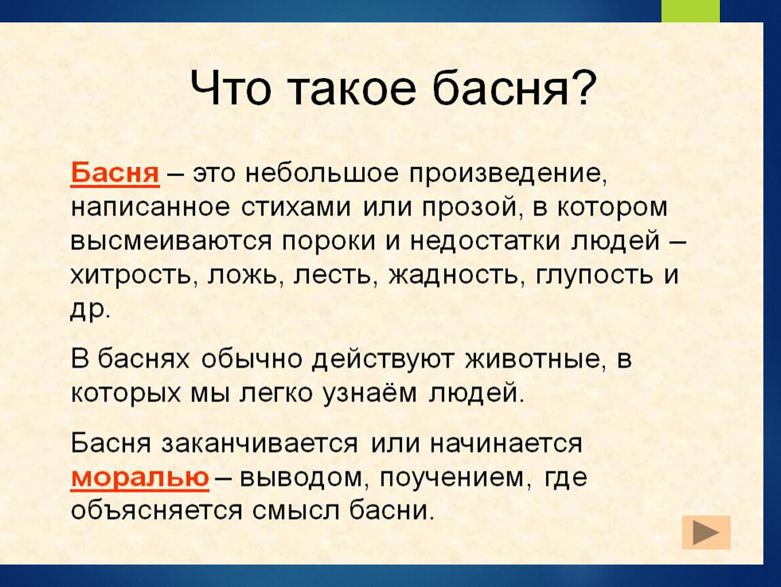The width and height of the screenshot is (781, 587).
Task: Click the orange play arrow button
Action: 706,533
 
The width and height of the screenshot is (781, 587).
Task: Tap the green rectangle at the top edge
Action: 691,11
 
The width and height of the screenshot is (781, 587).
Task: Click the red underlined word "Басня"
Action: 115,173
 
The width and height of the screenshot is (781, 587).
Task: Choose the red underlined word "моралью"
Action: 140,478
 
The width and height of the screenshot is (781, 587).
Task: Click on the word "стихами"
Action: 296,208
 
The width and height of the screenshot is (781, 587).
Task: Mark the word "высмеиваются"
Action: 171,242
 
